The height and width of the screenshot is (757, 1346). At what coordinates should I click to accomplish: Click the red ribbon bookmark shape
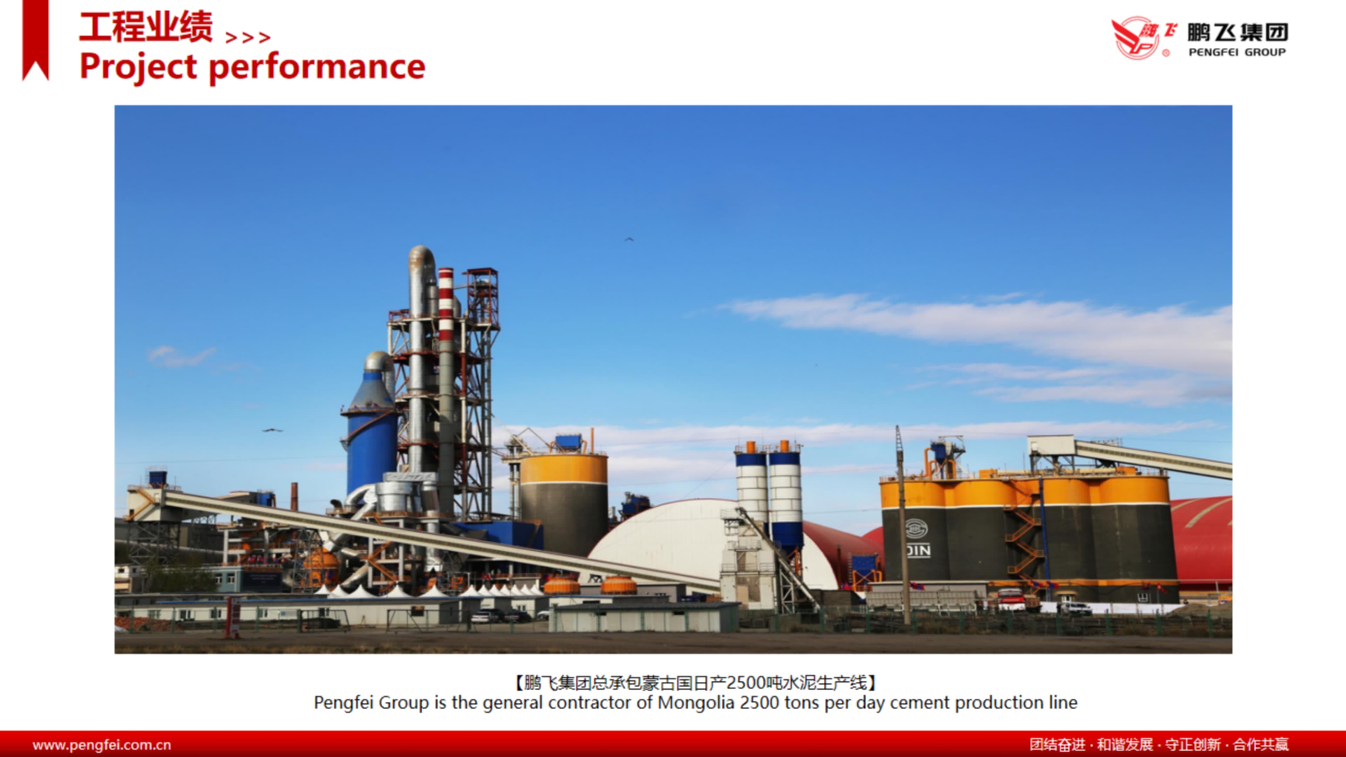click(x=35, y=40)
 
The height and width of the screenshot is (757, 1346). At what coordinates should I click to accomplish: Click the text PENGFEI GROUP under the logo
click(x=1237, y=52)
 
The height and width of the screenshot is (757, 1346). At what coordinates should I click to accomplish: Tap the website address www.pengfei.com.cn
click(x=102, y=744)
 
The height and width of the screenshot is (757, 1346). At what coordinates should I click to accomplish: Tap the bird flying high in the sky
click(x=629, y=239)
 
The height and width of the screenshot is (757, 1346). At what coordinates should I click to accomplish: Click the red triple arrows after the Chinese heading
click(x=248, y=37)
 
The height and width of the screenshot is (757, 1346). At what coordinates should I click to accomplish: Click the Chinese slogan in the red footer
click(x=1159, y=744)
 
